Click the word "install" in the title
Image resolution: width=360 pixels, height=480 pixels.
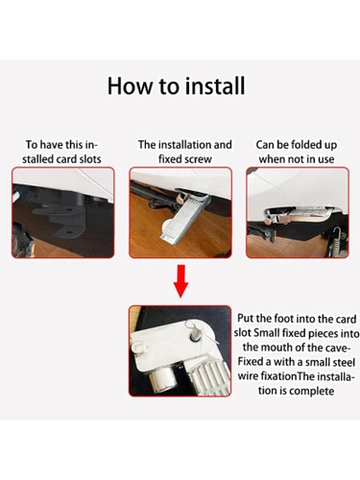215,85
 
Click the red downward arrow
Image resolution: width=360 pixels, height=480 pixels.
180,281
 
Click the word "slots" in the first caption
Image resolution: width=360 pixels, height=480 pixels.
89,159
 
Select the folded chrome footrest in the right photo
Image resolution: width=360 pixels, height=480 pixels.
295,215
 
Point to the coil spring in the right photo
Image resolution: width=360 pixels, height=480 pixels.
334,242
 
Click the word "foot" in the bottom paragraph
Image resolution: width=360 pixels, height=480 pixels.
284,319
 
